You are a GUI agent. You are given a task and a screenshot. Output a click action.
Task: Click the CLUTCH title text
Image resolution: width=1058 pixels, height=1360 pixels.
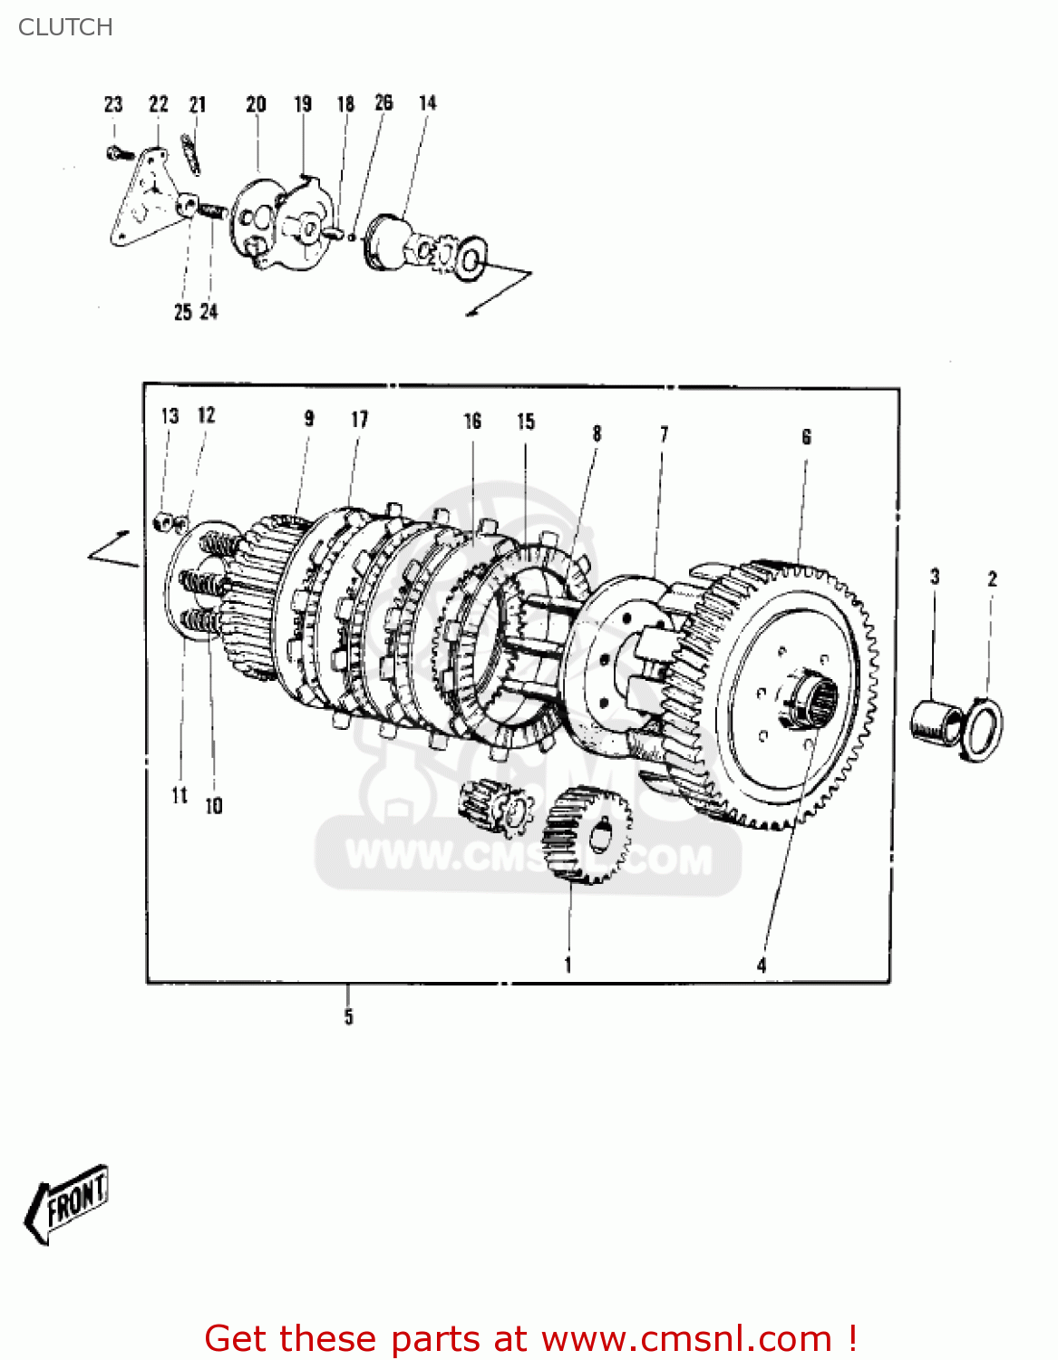point(65,27)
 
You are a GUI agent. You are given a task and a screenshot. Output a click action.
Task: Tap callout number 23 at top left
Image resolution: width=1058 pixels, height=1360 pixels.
point(113,104)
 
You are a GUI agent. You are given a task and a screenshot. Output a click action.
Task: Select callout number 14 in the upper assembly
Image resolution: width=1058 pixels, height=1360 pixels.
point(427,103)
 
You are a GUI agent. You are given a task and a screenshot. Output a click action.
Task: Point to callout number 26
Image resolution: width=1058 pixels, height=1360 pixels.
point(384,102)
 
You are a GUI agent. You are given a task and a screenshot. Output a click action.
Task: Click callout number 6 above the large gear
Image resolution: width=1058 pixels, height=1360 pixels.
point(806,438)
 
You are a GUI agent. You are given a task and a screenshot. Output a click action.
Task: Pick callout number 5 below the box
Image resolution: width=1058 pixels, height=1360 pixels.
point(348,1016)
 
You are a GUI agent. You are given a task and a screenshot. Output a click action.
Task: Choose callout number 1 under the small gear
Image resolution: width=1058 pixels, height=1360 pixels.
point(568,965)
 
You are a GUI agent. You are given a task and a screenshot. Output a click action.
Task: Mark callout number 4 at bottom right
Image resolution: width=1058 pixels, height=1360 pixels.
point(762,966)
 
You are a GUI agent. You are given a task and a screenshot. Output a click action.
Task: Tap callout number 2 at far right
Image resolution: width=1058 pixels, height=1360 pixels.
point(992,578)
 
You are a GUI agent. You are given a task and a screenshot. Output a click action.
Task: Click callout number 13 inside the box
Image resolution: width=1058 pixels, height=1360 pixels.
point(170,416)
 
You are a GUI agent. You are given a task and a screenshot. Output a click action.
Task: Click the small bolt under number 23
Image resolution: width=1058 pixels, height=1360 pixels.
point(117,154)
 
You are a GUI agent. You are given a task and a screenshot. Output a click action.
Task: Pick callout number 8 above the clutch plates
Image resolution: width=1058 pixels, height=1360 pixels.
point(597,434)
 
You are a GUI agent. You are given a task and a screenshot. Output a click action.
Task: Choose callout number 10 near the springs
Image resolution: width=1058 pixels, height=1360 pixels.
point(214,806)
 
